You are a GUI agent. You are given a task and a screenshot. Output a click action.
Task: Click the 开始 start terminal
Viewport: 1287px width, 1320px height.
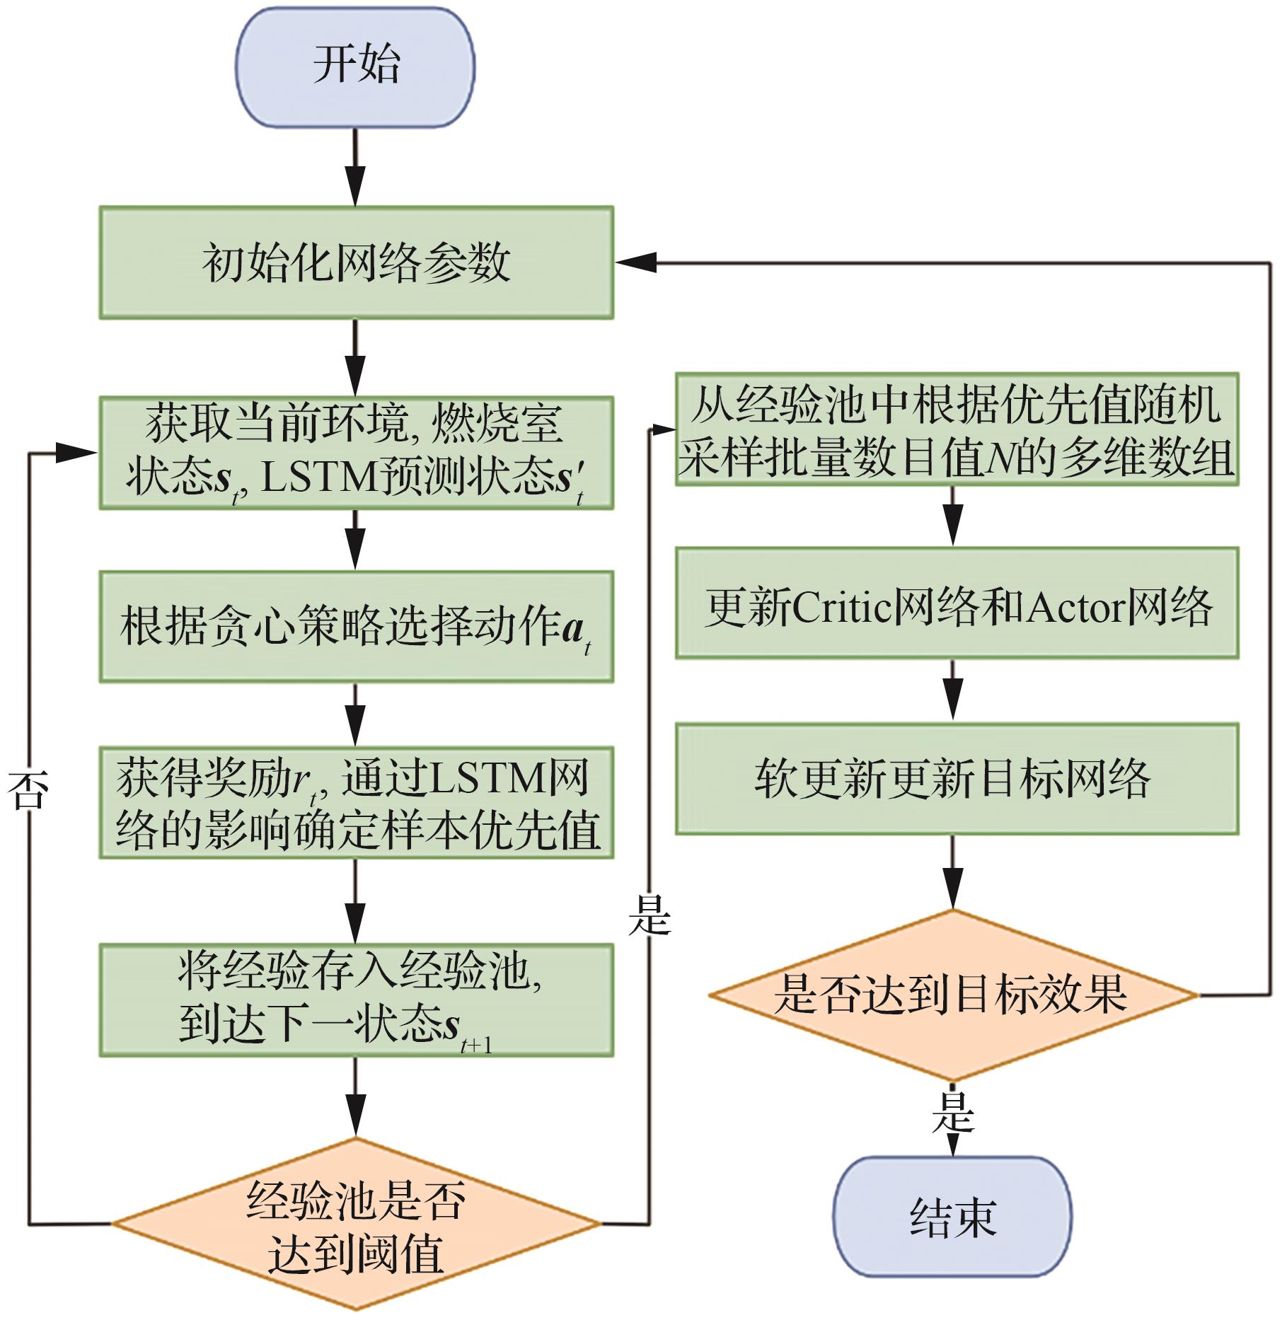click(355, 67)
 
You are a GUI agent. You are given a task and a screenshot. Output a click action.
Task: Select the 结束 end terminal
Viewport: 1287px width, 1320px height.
click(952, 1217)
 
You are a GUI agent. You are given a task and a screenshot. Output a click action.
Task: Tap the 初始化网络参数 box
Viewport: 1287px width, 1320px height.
click(356, 262)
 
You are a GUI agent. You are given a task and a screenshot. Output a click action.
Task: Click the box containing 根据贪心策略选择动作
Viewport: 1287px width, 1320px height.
click(356, 627)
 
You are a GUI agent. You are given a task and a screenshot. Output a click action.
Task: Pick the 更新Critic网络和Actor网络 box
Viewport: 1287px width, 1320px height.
click(957, 603)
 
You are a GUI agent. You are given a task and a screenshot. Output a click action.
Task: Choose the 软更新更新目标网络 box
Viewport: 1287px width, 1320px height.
click(957, 779)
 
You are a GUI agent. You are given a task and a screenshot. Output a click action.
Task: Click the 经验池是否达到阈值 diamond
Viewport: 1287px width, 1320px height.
click(356, 1224)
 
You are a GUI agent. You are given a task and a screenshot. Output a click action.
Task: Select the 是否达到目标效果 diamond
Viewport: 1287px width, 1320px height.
click(952, 995)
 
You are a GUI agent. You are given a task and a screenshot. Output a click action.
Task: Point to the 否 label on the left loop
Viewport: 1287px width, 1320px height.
click(28, 791)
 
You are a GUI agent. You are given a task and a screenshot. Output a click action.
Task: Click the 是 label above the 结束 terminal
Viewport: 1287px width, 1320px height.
click(952, 1112)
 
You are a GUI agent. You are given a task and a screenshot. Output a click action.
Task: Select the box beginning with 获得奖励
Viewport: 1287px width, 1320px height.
click(356, 803)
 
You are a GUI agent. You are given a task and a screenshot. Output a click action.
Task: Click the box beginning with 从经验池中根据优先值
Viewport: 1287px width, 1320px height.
click(957, 429)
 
